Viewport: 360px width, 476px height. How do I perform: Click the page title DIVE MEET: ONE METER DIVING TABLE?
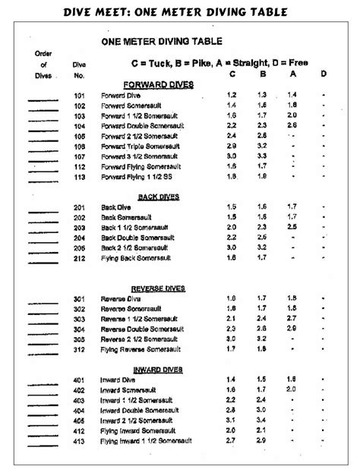180,12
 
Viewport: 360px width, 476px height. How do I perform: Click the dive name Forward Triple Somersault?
136,145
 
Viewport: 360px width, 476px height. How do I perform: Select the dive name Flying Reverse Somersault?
141,350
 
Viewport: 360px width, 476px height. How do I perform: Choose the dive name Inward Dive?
119,379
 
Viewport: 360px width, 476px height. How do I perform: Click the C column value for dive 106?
232,145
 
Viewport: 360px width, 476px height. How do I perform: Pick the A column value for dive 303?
291,319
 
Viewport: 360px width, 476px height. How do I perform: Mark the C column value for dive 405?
232,419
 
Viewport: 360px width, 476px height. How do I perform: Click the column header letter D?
323,74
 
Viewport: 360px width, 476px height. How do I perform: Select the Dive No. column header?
80,71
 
